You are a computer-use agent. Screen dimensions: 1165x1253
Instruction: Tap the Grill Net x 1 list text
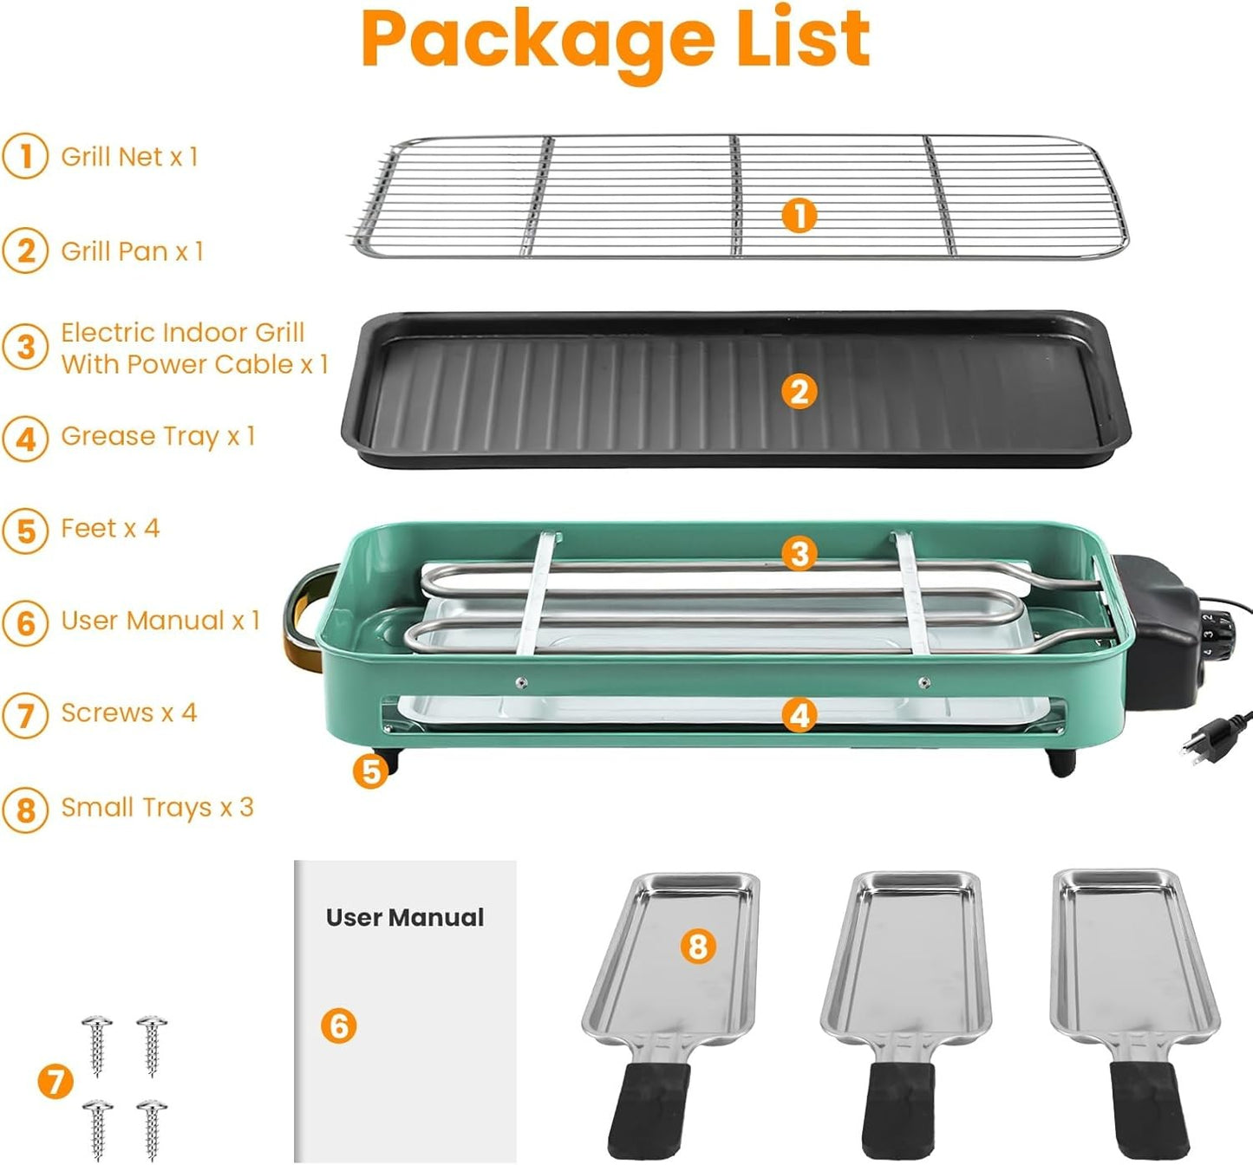129,157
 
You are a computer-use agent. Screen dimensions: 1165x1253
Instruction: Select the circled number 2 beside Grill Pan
25,251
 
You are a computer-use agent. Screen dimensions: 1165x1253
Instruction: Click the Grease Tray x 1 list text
158,436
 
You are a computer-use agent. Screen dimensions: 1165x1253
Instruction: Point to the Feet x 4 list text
110,529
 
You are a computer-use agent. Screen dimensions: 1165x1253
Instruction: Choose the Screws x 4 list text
128,713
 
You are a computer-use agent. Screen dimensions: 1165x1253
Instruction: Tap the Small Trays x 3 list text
157,808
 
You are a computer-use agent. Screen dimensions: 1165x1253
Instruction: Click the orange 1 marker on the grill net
799,215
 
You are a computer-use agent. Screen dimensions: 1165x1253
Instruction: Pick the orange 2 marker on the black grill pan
799,392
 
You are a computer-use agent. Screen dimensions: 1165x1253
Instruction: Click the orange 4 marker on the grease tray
799,715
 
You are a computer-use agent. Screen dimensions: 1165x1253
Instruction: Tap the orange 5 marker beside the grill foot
371,771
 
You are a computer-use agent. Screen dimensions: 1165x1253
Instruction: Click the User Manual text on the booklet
405,917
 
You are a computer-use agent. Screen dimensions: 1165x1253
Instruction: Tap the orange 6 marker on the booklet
338,1026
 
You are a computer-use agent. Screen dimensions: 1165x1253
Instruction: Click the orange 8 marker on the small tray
698,946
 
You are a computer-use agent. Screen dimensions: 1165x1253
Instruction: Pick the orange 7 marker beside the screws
55,1082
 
